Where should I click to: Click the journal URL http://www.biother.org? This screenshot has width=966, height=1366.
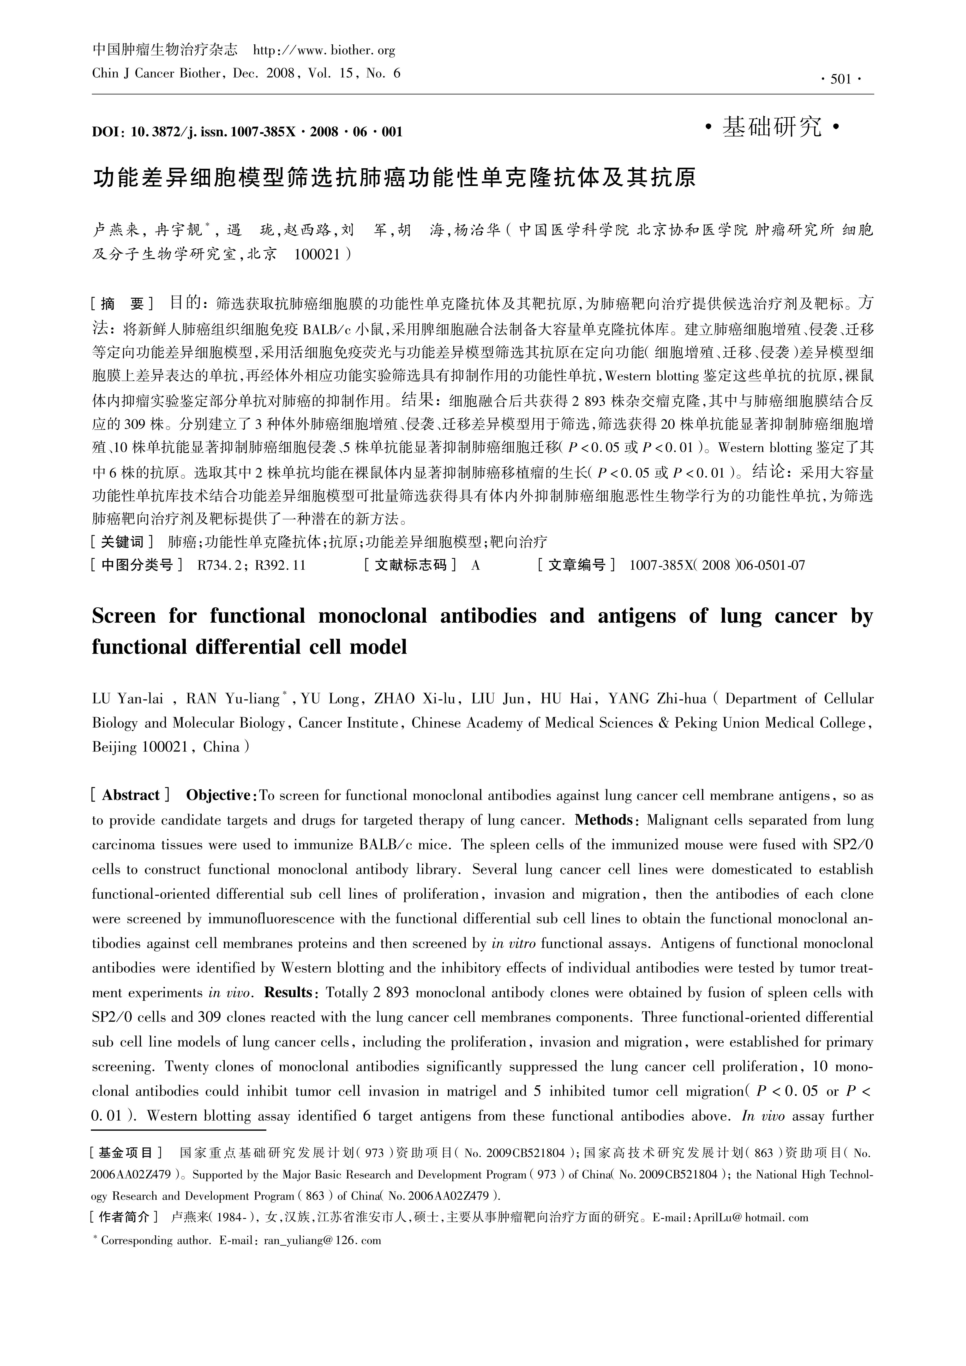tap(324, 51)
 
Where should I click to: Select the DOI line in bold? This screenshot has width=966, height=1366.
tap(247, 131)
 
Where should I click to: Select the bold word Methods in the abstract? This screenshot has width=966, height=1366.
tap(605, 820)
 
